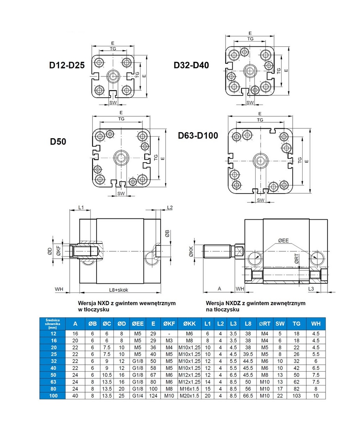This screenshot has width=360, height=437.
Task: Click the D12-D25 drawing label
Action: pyautogui.click(x=67, y=66)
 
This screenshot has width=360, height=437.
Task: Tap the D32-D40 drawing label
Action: pyautogui.click(x=191, y=65)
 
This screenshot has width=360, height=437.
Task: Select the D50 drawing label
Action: pyautogui.click(x=58, y=141)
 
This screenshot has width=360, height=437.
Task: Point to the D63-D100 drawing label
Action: pyautogui.click(x=198, y=136)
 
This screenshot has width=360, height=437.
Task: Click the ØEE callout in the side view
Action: pyautogui.click(x=283, y=240)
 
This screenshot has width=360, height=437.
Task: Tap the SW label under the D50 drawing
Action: pyautogui.click(x=121, y=194)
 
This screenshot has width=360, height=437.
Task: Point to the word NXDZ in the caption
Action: pyautogui.click(x=233, y=303)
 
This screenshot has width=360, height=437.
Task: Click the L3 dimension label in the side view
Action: pyautogui.click(x=311, y=290)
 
